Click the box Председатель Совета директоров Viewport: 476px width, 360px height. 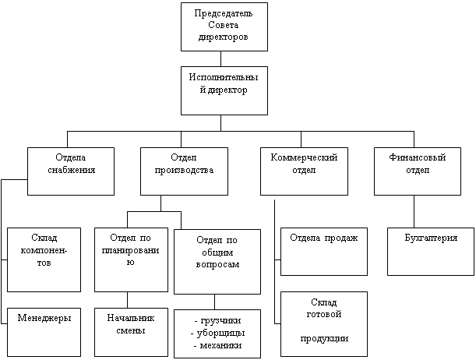(224, 26)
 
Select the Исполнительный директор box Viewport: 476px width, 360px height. (224, 90)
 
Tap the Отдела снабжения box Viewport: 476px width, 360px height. (71, 171)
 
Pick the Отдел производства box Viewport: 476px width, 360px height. (184, 171)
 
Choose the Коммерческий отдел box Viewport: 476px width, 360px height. (304, 171)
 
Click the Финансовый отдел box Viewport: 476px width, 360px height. (418, 171)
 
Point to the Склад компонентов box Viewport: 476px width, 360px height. (44, 259)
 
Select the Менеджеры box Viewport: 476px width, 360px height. (44, 333)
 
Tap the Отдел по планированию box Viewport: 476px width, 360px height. (131, 259)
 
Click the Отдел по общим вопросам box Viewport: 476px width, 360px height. (217, 262)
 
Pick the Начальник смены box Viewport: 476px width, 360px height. (131, 333)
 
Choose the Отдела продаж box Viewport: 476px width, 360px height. (324, 252)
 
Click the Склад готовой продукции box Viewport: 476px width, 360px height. (324, 324)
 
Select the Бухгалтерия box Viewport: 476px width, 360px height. (431, 252)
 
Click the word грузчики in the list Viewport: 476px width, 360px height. (221, 320)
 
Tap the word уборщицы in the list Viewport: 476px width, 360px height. (220, 333)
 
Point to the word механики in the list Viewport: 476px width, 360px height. (220, 345)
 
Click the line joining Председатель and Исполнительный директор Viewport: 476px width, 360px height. (220, 59)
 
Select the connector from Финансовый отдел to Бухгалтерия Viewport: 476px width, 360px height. (414, 212)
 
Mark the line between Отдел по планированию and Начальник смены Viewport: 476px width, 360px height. (127, 300)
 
